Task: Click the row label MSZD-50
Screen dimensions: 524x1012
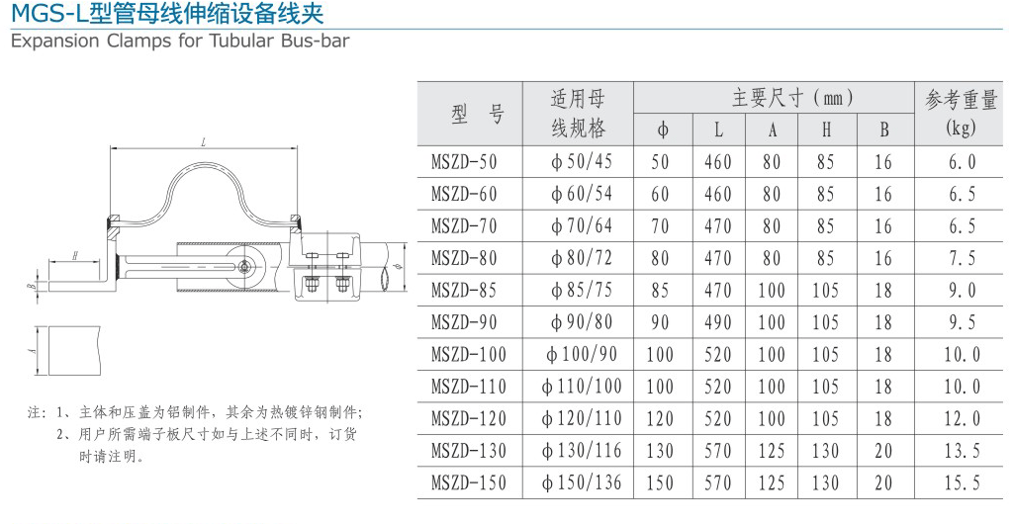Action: tap(465, 162)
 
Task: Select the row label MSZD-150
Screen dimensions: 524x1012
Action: tap(469, 482)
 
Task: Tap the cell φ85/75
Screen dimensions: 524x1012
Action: tap(583, 291)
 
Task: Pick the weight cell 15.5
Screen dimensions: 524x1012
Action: tap(962, 482)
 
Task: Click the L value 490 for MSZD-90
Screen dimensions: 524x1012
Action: tap(718, 322)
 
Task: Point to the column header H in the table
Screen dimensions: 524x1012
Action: tap(826, 130)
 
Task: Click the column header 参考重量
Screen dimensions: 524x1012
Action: tap(961, 100)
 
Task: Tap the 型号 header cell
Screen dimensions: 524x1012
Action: tap(478, 114)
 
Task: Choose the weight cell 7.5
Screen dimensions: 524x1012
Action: tap(962, 258)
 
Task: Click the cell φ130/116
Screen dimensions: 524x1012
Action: tap(583, 451)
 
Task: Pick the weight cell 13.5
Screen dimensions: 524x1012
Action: tap(962, 451)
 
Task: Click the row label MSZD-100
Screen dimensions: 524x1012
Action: tap(469, 355)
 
